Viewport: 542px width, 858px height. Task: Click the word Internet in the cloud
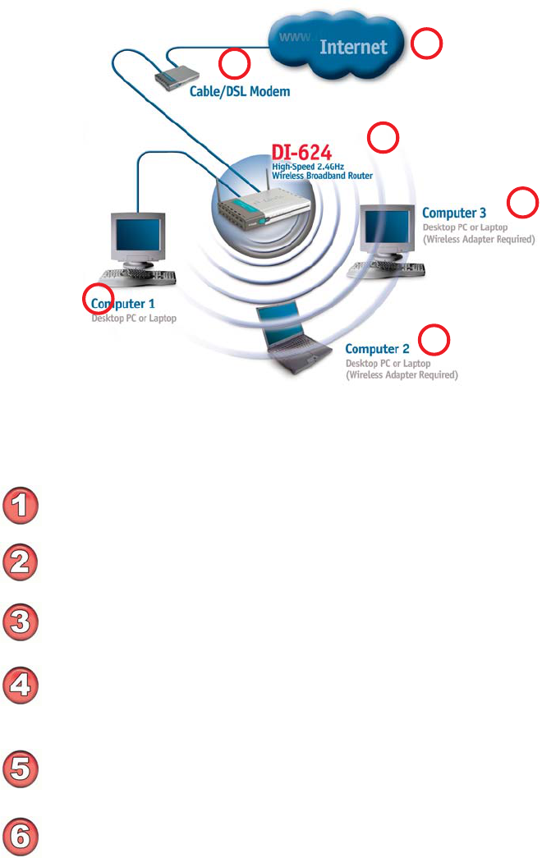point(353,47)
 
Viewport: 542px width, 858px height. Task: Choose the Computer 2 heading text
point(377,349)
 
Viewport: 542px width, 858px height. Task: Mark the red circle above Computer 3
point(523,201)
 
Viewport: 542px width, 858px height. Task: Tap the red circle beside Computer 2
point(434,339)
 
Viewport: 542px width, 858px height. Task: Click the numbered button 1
point(23,504)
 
